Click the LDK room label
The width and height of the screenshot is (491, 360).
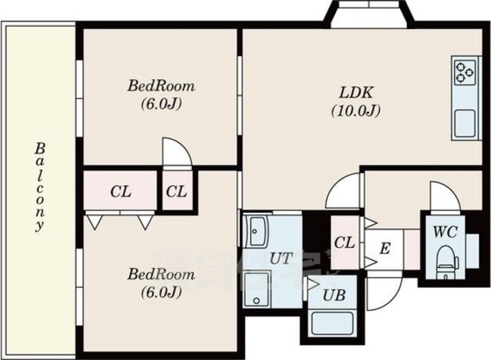click(357, 93)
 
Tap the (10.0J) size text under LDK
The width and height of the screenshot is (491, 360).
click(356, 111)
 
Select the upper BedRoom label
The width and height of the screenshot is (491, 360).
click(161, 86)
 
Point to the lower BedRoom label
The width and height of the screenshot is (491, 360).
click(161, 275)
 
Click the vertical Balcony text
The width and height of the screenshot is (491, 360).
click(39, 187)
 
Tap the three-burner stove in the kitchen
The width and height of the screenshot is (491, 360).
click(465, 72)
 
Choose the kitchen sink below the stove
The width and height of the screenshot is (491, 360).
click(464, 124)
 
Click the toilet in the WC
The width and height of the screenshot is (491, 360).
click(447, 262)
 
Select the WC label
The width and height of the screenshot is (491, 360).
click(445, 232)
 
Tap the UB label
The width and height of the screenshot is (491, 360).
click(334, 296)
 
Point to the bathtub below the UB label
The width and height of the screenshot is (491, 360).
click(333, 323)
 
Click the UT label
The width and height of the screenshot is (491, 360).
click(282, 259)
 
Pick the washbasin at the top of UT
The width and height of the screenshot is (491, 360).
click(257, 231)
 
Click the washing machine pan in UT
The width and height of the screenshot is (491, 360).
click(257, 289)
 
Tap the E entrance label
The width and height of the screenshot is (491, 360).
click(385, 249)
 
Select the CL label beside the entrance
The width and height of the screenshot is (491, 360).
click(344, 243)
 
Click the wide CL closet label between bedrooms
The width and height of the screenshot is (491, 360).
click(121, 191)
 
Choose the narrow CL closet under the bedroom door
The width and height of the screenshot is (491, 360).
click(176, 191)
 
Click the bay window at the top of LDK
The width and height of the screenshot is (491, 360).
click(370, 14)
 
